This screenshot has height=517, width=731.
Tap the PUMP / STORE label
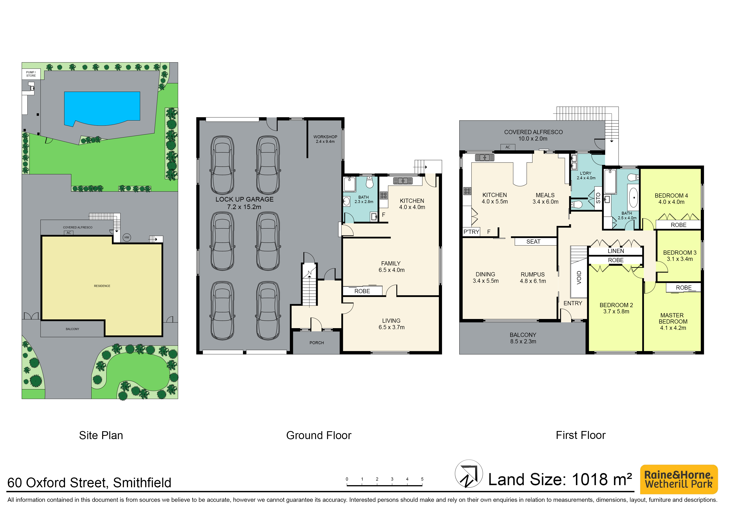click(31, 74)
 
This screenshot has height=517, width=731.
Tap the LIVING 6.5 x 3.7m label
click(392, 324)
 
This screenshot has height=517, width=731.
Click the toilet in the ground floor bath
click(369, 182)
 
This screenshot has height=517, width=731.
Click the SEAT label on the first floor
click(533, 242)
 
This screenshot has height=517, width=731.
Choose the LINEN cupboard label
click(616, 251)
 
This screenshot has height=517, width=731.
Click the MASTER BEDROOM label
click(673, 321)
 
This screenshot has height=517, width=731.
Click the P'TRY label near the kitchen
click(471, 232)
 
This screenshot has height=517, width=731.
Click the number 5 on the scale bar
click(422, 479)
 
